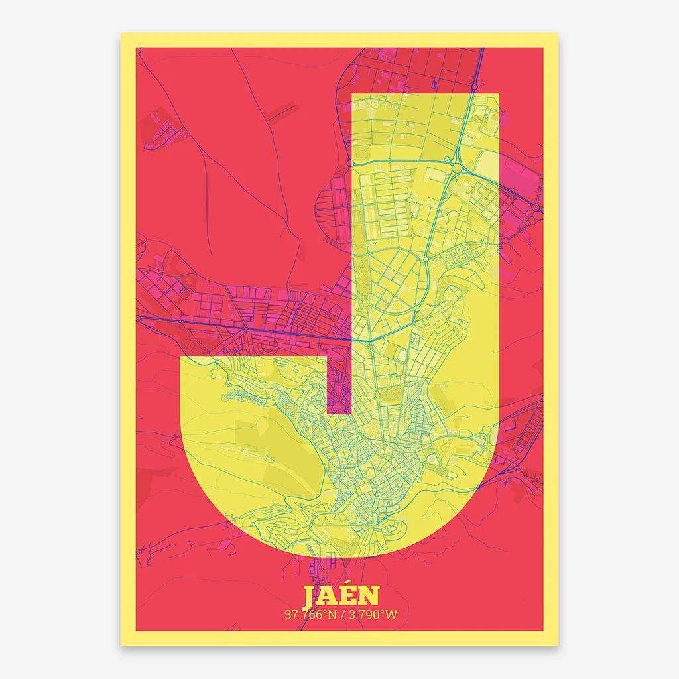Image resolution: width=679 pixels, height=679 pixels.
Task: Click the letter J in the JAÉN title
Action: [x=310, y=597]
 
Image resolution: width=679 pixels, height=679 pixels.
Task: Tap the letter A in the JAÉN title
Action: [x=329, y=597]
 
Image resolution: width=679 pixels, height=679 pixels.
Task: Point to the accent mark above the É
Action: [x=352, y=586]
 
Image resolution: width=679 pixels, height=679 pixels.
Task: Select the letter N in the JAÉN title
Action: [x=371, y=597]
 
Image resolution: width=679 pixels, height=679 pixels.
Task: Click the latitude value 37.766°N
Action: [x=310, y=615]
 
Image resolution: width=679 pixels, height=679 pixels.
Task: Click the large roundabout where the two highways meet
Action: [x=457, y=169]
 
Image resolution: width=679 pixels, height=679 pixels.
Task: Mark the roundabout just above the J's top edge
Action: [x=475, y=86]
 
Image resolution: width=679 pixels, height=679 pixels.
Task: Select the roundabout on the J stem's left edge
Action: [x=350, y=162]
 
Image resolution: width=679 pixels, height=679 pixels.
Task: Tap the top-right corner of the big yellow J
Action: [x=498, y=95]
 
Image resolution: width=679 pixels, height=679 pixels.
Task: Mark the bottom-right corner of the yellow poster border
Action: [x=558, y=645]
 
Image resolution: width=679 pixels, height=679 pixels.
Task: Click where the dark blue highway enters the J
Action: [x=351, y=339]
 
